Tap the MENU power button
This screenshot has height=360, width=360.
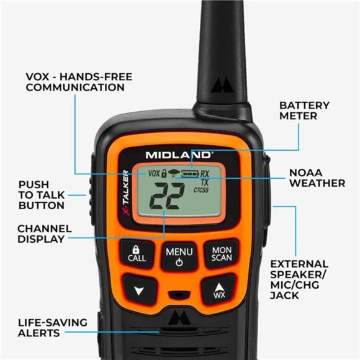tap(179, 256)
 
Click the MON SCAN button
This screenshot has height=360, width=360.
tap(222, 254)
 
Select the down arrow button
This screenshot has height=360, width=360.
tap(138, 290)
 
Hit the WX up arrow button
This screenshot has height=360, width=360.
tap(219, 290)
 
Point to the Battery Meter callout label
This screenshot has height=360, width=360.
tap(304, 110)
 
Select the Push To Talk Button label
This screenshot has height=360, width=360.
tap(42, 195)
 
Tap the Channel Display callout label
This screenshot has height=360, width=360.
tap(44, 233)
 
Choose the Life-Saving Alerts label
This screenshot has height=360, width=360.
tap(52, 328)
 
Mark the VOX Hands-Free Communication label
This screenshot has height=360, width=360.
tap(79, 82)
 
